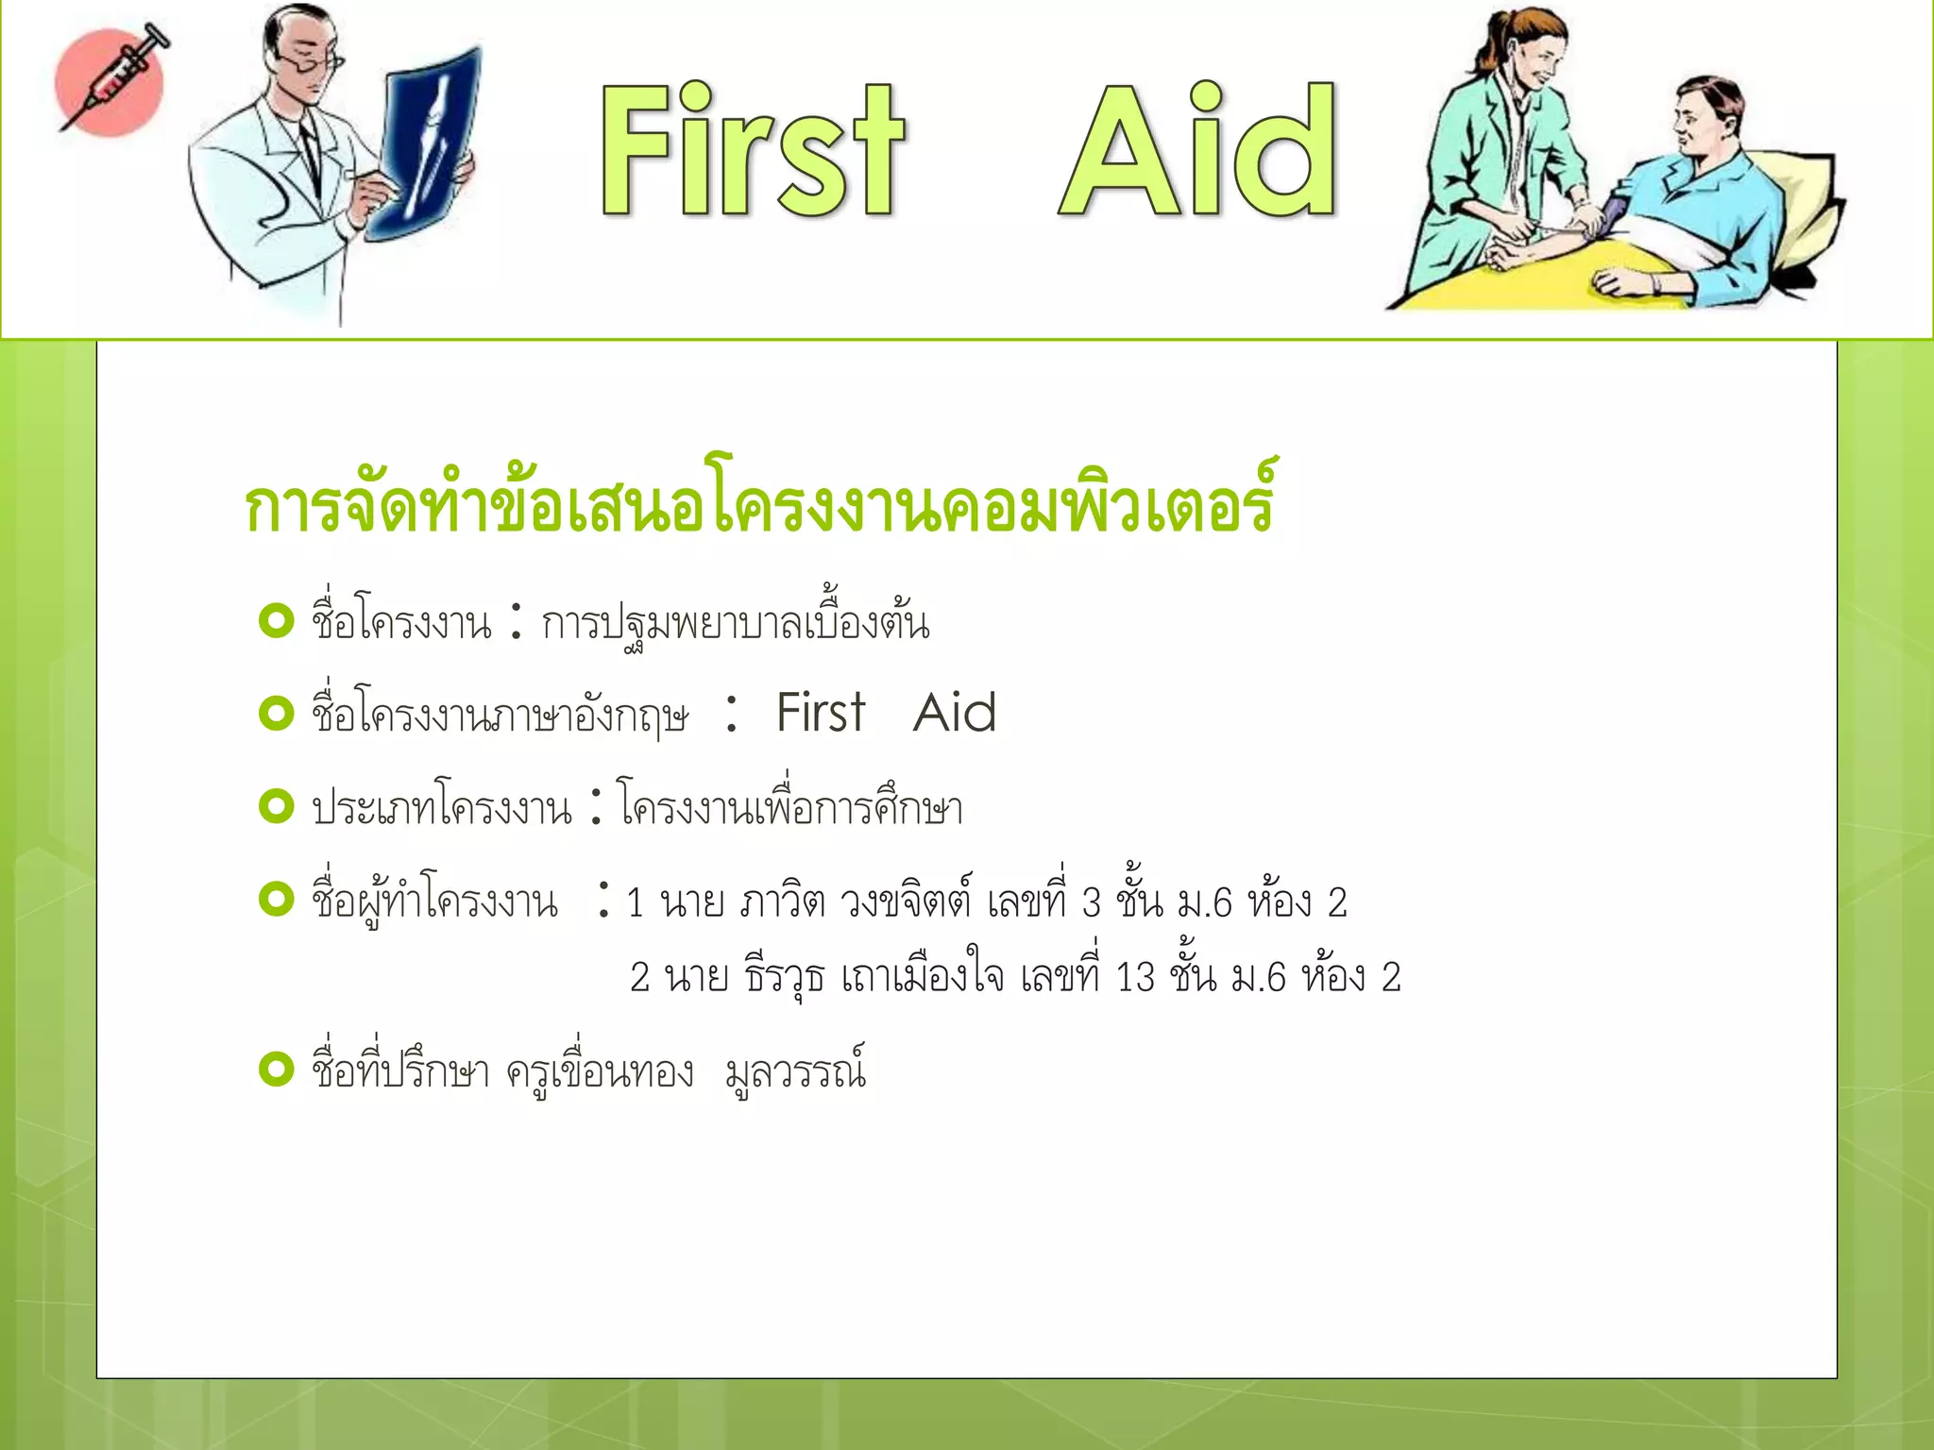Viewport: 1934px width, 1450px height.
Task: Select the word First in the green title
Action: (751, 151)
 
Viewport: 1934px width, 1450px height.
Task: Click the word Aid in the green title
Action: (1197, 151)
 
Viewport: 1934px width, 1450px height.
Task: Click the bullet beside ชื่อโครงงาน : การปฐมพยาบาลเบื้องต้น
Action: (277, 621)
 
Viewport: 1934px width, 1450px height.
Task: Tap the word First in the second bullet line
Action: (820, 713)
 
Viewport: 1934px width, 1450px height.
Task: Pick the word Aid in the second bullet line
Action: (955, 713)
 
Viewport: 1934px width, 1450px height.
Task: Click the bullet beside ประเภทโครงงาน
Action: (277, 806)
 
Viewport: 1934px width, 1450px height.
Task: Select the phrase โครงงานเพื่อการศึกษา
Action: (791, 808)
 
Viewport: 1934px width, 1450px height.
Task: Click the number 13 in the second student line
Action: (1135, 978)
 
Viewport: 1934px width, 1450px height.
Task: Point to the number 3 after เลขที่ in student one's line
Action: (1092, 903)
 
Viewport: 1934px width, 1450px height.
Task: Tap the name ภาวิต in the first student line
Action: (783, 902)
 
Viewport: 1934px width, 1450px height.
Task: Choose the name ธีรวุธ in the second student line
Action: (785, 977)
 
